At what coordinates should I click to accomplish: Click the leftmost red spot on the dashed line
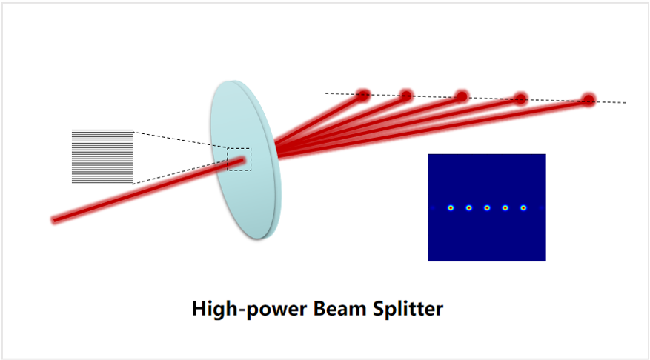click(363, 95)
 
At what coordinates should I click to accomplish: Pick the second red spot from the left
click(406, 95)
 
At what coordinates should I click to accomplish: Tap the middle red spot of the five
click(462, 96)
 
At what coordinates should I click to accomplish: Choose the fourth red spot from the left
click(521, 99)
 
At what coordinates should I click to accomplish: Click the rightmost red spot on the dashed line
click(588, 99)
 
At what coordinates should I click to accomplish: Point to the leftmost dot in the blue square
click(451, 208)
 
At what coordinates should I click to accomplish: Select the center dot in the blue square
click(487, 208)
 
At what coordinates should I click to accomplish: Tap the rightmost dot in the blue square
click(523, 208)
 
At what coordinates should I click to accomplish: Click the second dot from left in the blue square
click(469, 208)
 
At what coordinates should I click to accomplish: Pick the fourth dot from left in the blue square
click(505, 208)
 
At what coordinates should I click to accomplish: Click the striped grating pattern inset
click(102, 156)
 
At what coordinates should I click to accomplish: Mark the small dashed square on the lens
click(239, 159)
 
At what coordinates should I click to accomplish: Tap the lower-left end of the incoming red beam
click(54, 219)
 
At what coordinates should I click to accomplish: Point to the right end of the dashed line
click(625, 102)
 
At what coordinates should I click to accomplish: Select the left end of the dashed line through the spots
click(326, 93)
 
